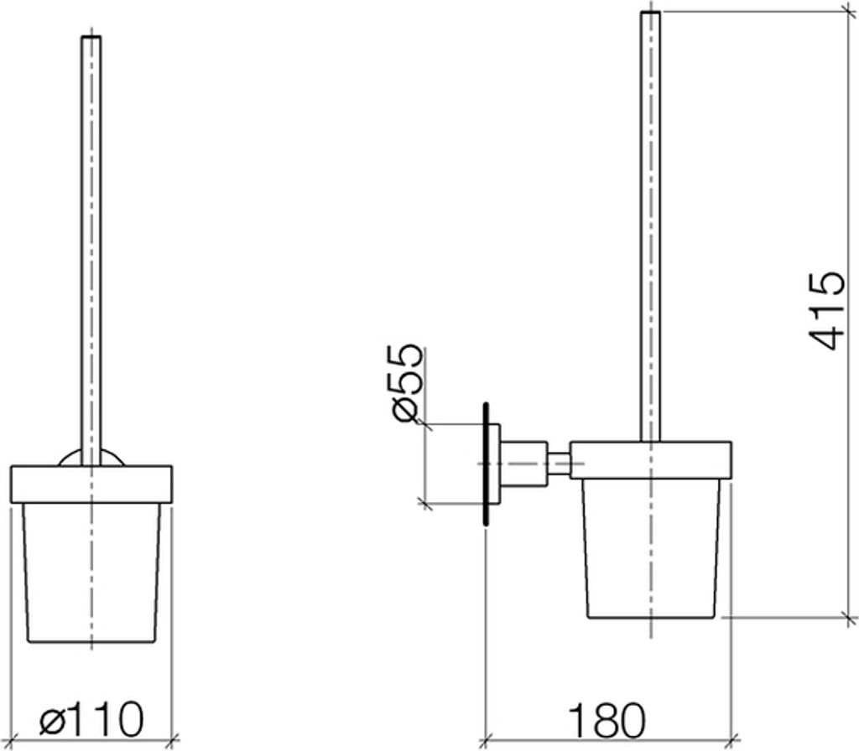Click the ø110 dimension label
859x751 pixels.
91,717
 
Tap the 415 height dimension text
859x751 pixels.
826,310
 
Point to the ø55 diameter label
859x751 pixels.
408,383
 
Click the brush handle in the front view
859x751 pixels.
91,251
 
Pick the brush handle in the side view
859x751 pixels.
650,226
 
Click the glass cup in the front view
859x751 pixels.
91,572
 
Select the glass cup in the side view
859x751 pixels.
651,548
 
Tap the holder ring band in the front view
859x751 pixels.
91,484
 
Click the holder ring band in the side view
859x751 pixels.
650,460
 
